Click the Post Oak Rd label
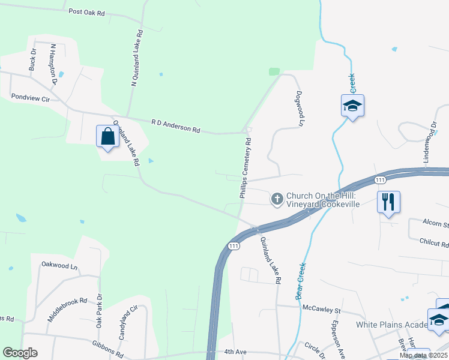pyautogui.click(x=86, y=12)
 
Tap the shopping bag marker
pyautogui.click(x=107, y=136)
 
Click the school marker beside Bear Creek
pyautogui.click(x=352, y=106)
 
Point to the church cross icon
pyautogui.click(x=277, y=199)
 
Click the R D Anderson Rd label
pyautogui.click(x=175, y=125)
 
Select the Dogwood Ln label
pyautogui.click(x=298, y=108)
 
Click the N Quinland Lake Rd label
pyautogui.click(x=137, y=58)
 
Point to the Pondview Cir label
pyautogui.click(x=29, y=96)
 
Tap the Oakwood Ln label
pyautogui.click(x=59, y=265)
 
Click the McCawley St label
pyautogui.click(x=321, y=310)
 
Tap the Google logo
pyautogui.click(x=20, y=352)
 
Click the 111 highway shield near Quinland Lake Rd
pyautogui.click(x=234, y=246)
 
